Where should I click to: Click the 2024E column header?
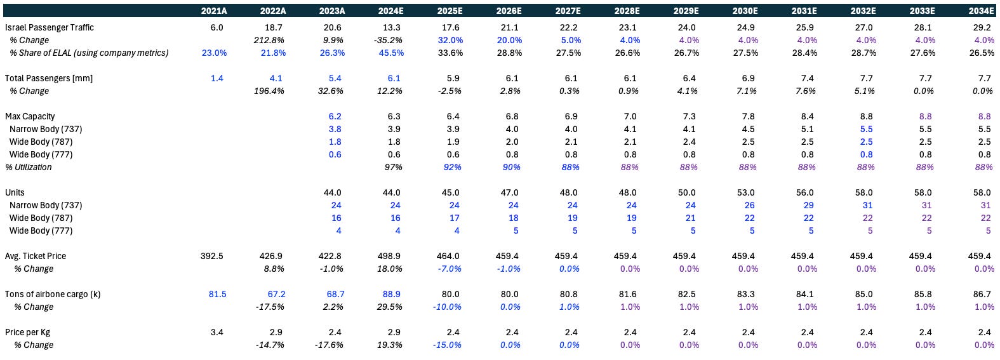[390, 11]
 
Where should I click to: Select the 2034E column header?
[981, 11]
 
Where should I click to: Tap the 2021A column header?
[213, 11]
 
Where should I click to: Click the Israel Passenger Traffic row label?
[50, 27]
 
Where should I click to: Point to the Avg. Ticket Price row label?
[36, 256]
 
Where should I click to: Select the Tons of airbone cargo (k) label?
[53, 294]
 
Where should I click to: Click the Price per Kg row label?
[29, 332]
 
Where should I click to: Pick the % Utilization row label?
[29, 167]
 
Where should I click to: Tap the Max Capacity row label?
[30, 116]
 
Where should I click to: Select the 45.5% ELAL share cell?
[391, 53]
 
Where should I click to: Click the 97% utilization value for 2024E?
[393, 167]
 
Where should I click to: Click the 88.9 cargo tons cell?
[391, 294]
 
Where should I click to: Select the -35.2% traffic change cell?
[389, 40]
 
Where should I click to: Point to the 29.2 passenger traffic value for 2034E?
[982, 27]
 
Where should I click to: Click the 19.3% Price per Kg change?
[390, 345]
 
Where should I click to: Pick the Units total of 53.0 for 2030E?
[745, 192]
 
